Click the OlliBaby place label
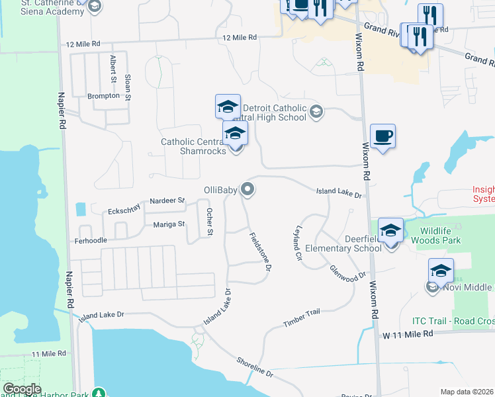(220, 191)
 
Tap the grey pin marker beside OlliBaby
(248, 190)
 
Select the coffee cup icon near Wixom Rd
(382, 137)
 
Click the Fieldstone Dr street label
(261, 251)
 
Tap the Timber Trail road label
(301, 318)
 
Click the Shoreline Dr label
(255, 366)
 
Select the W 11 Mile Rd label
(407, 335)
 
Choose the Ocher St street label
(210, 222)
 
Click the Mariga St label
(169, 224)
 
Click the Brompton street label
(104, 96)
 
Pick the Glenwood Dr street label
(348, 272)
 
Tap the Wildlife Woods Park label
(435, 235)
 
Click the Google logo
(22, 389)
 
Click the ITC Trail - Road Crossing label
(453, 321)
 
